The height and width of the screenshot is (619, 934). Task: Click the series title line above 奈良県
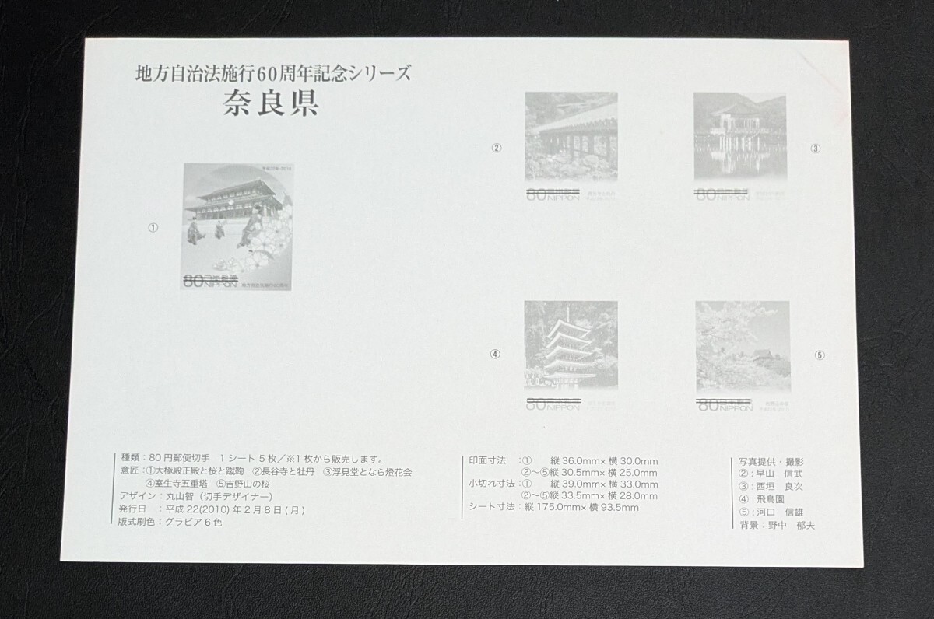272,75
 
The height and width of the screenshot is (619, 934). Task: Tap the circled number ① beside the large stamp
153,228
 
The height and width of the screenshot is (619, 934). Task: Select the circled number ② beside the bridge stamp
496,148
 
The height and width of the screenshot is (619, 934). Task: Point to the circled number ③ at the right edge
815,148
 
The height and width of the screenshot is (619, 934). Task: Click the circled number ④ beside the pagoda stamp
495,355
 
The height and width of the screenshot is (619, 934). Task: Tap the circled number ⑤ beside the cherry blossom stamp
819,355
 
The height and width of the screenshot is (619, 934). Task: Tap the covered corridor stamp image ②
571,138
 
